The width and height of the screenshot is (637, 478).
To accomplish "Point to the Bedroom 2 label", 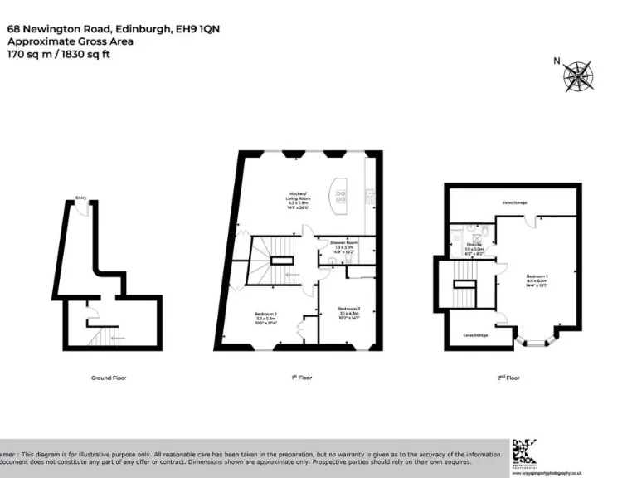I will (x=265, y=316).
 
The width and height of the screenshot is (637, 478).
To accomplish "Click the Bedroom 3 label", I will (x=349, y=311).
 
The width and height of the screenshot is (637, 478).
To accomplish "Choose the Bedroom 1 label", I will (x=537, y=279).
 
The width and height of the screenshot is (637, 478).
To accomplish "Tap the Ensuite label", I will (x=474, y=246).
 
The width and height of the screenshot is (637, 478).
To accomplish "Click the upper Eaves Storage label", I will (x=514, y=202).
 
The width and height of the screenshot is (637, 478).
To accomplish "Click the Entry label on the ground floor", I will (x=81, y=198).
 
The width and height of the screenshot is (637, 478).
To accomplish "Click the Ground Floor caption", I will (x=109, y=378).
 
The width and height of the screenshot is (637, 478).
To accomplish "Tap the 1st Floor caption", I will (x=301, y=378).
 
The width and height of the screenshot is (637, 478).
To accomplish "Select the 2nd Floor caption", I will (x=508, y=378).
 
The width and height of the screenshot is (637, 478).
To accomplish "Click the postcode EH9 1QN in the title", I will (x=197, y=29).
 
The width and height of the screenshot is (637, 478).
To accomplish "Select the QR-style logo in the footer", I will (x=526, y=451).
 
